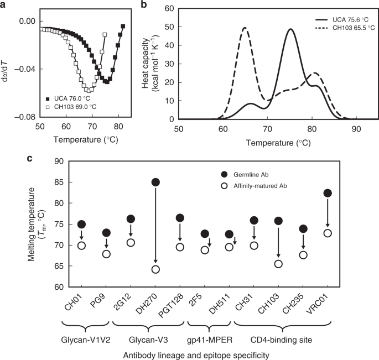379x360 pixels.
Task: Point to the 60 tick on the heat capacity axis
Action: pos(169,9)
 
